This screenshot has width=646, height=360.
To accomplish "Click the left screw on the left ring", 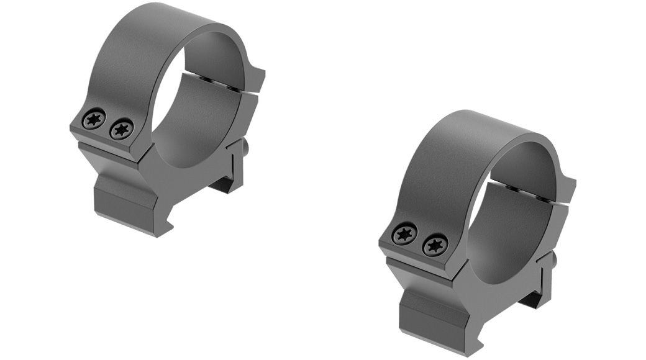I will [94, 119].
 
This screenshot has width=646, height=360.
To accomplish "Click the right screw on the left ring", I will [121, 129].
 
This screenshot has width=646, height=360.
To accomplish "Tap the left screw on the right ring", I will [405, 234].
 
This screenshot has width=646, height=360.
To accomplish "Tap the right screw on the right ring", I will [435, 245].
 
